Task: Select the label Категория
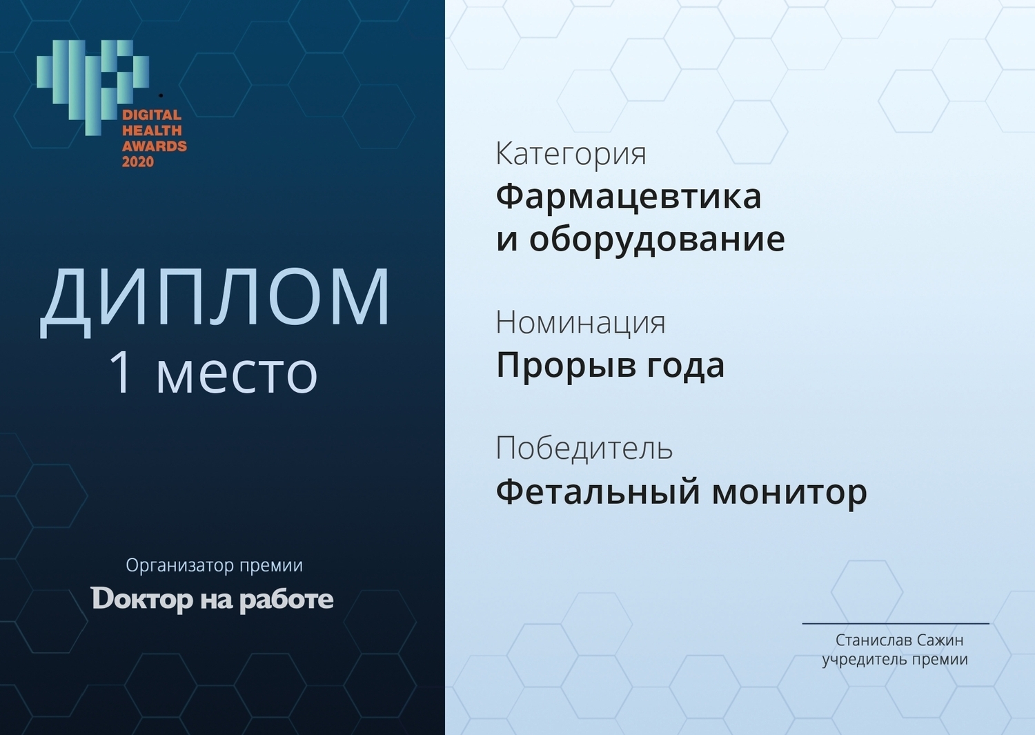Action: coord(571,155)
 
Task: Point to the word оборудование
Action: coord(657,239)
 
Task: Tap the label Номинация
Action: coord(580,323)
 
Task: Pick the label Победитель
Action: coord(584,447)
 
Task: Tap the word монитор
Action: coord(789,493)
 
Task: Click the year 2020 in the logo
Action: coord(138,161)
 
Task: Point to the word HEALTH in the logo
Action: coord(152,130)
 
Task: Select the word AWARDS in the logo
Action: coord(155,146)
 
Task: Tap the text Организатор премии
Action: coord(215,565)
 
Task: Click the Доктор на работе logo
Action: coord(212,600)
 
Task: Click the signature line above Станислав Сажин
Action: coord(896,624)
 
